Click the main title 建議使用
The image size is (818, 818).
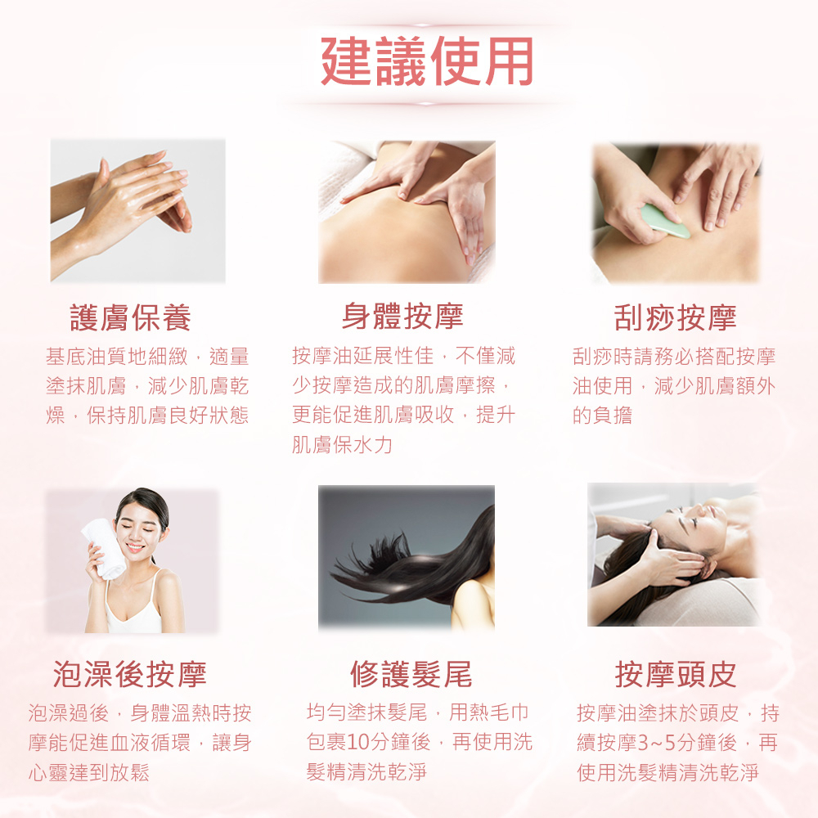pos(427,61)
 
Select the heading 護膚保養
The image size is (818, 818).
pos(130,317)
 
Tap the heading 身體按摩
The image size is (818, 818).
pos(402,316)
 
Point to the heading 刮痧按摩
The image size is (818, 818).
pos(675,317)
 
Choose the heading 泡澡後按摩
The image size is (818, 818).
pos(130,673)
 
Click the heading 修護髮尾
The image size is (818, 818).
pos(411,673)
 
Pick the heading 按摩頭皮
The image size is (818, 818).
pos(676,673)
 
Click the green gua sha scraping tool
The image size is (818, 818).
pos(664,221)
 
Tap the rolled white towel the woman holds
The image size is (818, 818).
pos(105,548)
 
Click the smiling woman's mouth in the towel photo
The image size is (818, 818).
pos(135,548)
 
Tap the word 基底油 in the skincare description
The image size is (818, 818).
pos(76,357)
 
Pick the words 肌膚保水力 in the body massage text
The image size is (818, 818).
pos(342,444)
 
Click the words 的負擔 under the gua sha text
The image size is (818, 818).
pos(603,416)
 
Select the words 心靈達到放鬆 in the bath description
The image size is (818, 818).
pos(89,773)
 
